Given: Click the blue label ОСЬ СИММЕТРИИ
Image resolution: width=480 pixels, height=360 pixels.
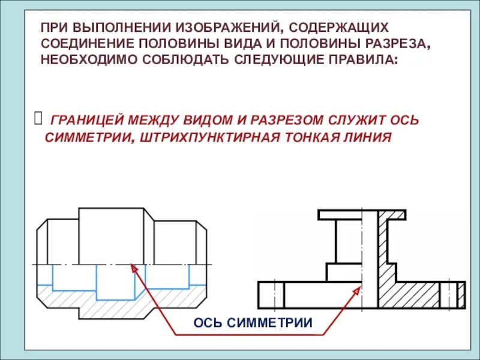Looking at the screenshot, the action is click(253, 323).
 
